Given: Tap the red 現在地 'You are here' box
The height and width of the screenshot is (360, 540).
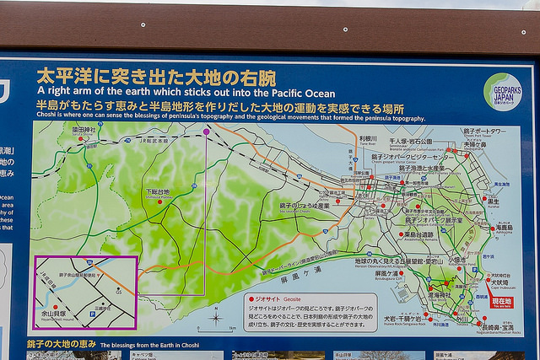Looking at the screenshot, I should coord(500,302).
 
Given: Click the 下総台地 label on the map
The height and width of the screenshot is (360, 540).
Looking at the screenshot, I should coord(158,192).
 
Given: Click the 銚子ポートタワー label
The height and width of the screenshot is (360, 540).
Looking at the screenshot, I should coord(484,132).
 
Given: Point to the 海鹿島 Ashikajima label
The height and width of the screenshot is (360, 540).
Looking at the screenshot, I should coord(505,227).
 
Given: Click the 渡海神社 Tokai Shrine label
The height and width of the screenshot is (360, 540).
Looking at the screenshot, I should coord(440,296).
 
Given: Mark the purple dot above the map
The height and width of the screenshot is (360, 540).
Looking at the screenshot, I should coord(207,132).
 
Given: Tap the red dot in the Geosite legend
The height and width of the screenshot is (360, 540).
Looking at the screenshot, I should coord(250,298).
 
